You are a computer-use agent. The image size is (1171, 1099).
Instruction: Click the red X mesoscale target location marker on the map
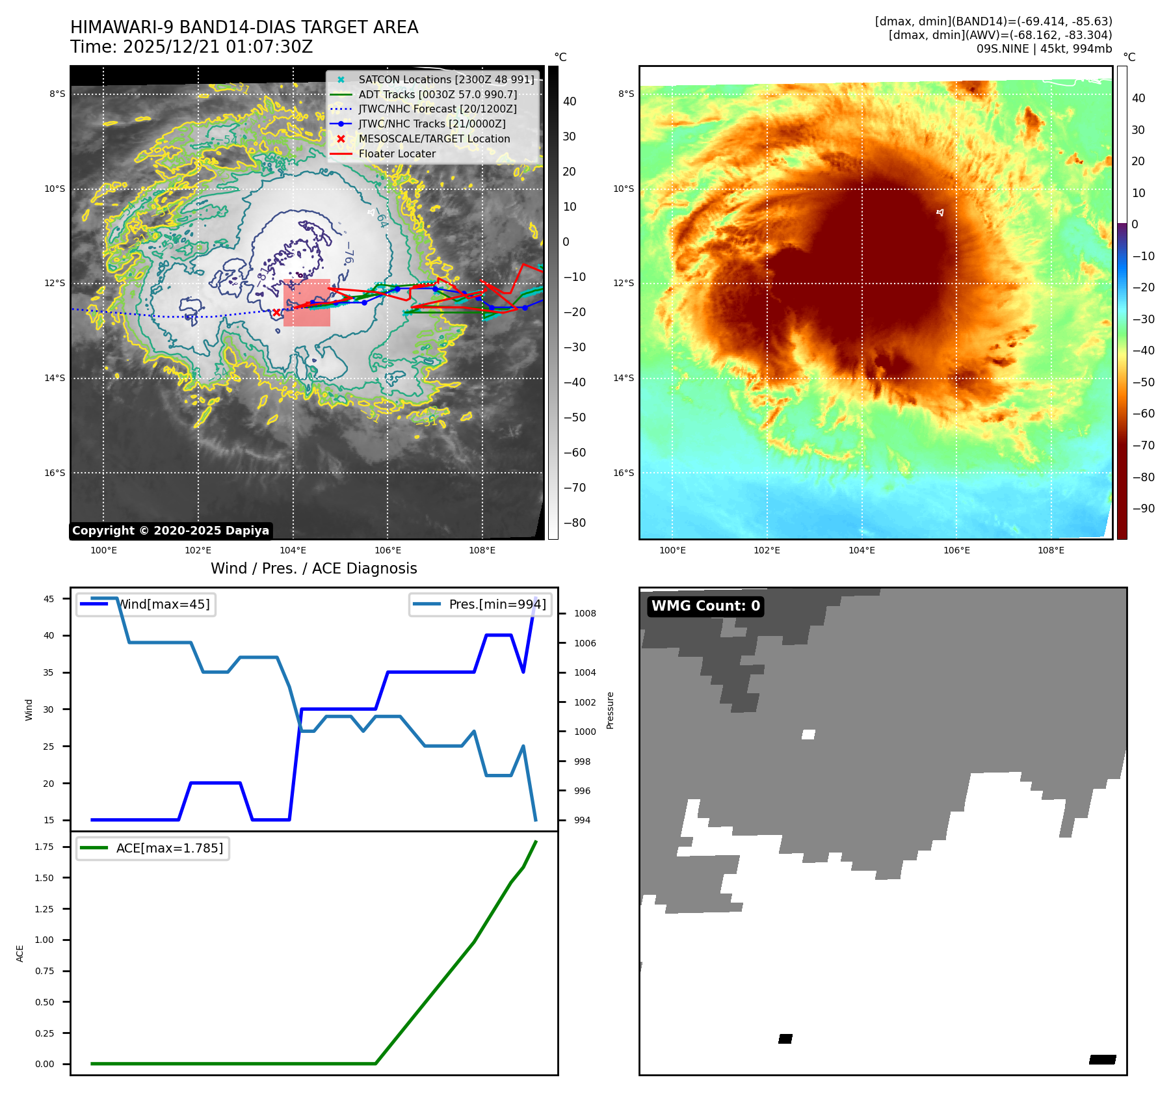tap(276, 313)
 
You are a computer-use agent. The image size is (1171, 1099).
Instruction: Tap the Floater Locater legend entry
tap(397, 154)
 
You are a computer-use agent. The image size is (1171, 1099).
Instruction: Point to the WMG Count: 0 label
tap(705, 606)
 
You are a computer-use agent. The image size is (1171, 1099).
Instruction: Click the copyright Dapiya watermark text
tap(170, 531)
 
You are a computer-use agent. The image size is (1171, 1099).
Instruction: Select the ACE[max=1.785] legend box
tap(153, 848)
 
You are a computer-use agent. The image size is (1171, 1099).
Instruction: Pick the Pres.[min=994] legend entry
tap(480, 604)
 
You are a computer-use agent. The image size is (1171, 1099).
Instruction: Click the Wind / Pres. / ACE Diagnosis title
tap(313, 568)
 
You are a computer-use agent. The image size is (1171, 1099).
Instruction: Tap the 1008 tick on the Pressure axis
tap(585, 613)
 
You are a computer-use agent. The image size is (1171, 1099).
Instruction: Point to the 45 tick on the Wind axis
tap(49, 599)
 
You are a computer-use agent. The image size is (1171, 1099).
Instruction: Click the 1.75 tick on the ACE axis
tap(44, 847)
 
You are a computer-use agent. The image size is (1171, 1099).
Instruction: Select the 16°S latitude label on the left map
tap(55, 473)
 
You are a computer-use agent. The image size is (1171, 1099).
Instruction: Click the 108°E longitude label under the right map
tap(1051, 550)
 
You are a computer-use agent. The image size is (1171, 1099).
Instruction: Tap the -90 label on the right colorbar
tap(1143, 509)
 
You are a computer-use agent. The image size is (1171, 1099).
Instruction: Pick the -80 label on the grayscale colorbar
tap(574, 523)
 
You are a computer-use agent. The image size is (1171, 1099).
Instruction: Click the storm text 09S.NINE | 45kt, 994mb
tap(1044, 49)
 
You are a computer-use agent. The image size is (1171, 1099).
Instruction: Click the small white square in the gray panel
tap(808, 734)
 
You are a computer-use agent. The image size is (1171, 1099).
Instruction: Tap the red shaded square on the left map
tap(307, 302)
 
